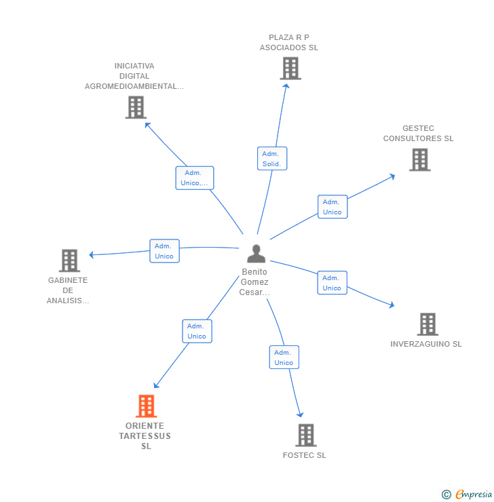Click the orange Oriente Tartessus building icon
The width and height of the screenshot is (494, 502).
[146, 406]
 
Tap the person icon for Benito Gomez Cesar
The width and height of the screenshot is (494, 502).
[256, 254]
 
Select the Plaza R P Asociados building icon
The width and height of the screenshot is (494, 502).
[290, 69]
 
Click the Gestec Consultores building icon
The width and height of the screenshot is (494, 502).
[419, 159]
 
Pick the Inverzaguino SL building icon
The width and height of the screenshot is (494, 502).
[427, 324]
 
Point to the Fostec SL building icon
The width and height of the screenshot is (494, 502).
[306, 435]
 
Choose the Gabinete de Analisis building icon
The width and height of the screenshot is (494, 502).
[69, 260]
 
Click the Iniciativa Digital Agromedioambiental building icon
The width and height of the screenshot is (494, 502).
[136, 107]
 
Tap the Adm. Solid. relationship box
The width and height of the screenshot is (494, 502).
[272, 159]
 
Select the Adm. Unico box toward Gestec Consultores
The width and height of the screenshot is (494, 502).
[332, 207]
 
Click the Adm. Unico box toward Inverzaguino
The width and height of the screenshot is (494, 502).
[332, 283]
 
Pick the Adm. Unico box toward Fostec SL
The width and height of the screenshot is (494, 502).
[284, 358]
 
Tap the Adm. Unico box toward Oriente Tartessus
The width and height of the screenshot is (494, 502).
[197, 331]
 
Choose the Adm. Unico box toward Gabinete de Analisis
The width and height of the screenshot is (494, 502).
[164, 251]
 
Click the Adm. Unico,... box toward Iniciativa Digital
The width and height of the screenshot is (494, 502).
[195, 178]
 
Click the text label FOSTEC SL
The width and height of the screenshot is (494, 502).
[304, 455]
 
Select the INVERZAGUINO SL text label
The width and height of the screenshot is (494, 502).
[425, 344]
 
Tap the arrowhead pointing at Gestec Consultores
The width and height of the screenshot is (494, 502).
[392, 176]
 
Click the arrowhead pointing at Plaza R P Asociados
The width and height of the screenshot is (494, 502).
[286, 85]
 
